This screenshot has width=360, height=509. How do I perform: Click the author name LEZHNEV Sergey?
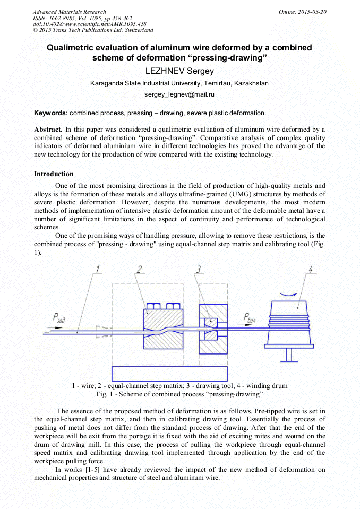[179, 71]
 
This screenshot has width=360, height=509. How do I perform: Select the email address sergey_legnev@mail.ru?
[179, 94]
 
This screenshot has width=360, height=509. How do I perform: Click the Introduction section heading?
[54, 174]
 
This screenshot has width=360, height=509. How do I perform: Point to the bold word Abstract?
[48, 129]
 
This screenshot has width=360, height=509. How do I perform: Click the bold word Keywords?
[51, 113]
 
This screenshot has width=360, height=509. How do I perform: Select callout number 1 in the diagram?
[97, 269]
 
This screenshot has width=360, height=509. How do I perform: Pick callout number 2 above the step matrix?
[139, 269]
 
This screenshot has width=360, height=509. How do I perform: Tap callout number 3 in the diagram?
[199, 269]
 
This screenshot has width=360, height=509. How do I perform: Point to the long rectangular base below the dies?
[170, 373]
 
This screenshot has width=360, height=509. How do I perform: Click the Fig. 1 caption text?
[179, 394]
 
